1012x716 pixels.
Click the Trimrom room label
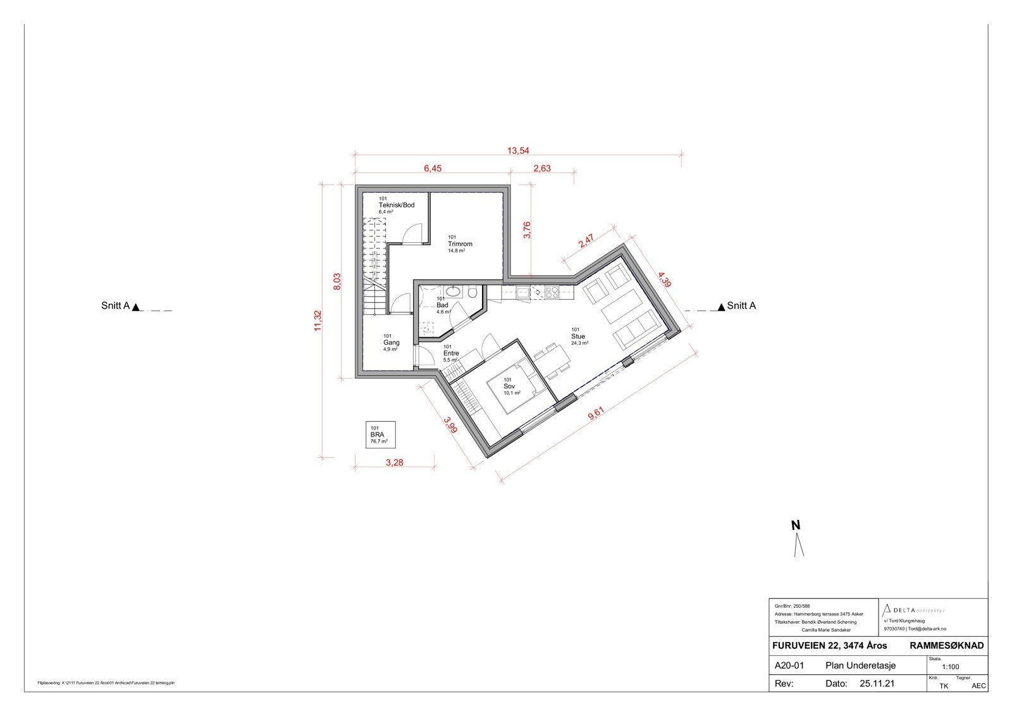pos(460,244)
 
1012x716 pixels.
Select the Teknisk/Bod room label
pos(396,206)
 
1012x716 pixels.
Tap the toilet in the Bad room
pos(472,292)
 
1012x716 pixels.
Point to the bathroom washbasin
pos(453,292)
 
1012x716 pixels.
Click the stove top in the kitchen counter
pos(552,292)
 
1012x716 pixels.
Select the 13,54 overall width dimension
pos(518,151)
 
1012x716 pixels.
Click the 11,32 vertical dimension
pos(318,321)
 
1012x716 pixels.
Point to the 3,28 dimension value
pos(394,462)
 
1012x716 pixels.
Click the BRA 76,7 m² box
pos(380,435)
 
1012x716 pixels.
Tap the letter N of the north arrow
pos(796,525)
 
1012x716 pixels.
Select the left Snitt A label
pos(115,306)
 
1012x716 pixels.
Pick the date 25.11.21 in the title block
pos(876,684)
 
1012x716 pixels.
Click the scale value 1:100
pos(950,666)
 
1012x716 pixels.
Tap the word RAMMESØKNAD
pos(946,646)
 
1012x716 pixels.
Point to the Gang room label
pos(392,343)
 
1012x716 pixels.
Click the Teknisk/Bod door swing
pos(412,233)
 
